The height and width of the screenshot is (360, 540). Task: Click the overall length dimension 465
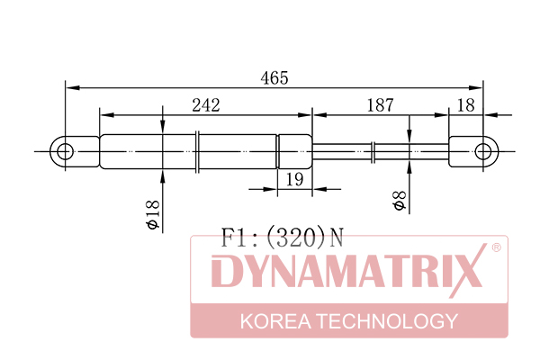pyautogui.click(x=274, y=78)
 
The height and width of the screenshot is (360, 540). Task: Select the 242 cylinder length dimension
pyautogui.click(x=206, y=105)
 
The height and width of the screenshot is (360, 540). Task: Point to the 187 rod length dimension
pyautogui.click(x=380, y=105)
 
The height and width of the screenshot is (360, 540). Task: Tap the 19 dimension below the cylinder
pyautogui.click(x=295, y=179)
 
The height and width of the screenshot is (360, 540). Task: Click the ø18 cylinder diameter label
pyautogui.click(x=153, y=214)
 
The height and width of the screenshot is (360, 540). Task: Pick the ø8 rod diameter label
pyautogui.click(x=400, y=201)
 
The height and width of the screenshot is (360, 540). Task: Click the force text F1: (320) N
pyautogui.click(x=282, y=238)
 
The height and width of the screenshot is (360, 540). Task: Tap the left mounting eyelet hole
pyautogui.click(x=65, y=151)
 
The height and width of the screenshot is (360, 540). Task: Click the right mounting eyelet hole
pyautogui.click(x=482, y=151)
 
